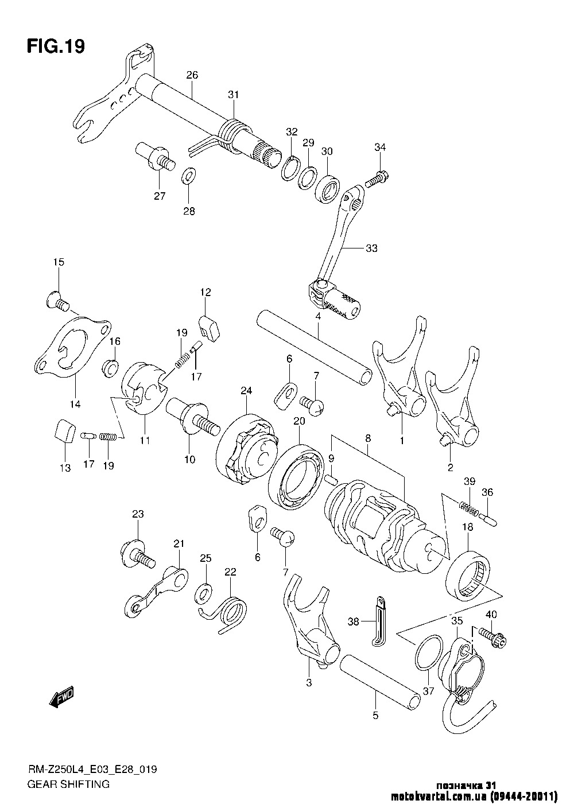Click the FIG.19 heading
click(56, 46)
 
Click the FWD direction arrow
click(61, 696)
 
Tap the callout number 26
click(192, 75)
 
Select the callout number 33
click(372, 248)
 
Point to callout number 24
click(246, 390)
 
